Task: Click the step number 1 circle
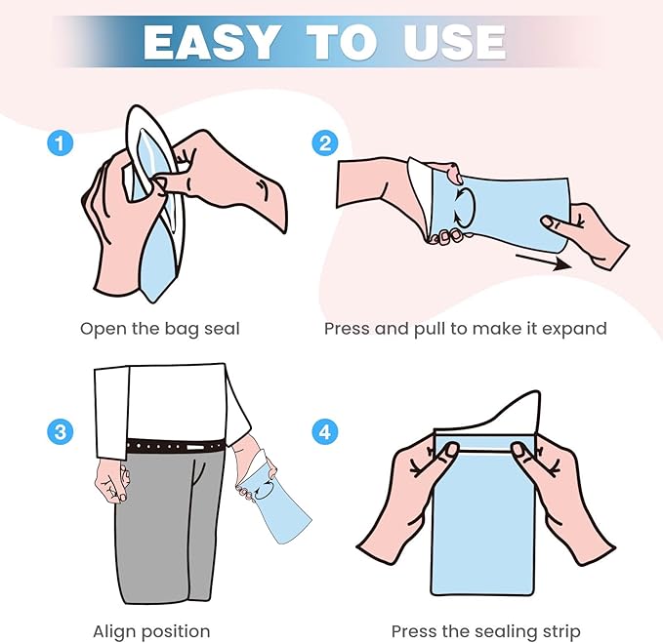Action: tap(60, 142)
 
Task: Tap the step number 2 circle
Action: tap(325, 142)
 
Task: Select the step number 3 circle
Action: tap(60, 432)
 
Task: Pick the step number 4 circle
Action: tap(325, 432)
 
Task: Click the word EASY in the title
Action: tap(212, 42)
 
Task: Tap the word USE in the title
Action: tap(455, 42)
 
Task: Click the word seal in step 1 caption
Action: tap(222, 329)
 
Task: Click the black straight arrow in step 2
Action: tap(544, 261)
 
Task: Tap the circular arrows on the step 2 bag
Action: tap(464, 207)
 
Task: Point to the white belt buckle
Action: tap(195, 447)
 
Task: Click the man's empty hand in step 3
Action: tap(111, 481)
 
